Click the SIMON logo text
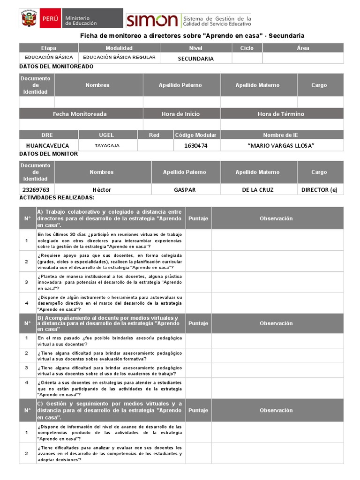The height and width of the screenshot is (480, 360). pos(152,20)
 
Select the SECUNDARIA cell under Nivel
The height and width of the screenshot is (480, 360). pos(195,59)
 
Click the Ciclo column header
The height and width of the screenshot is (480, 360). pos(247,48)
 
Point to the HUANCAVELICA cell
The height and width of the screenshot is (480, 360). pos(48,146)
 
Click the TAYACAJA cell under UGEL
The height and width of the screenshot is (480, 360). pos(107,146)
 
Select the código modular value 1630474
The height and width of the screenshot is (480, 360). pos(195,146)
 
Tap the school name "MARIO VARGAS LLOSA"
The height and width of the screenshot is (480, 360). pos(281,146)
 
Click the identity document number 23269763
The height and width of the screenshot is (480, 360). pos(36,190)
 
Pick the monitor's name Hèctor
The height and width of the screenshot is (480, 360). pos(102,190)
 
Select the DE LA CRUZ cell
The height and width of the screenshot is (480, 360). pos(257,190)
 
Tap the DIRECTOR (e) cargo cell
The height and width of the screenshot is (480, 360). pos(319,190)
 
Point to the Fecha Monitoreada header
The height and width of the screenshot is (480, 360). pos(80,114)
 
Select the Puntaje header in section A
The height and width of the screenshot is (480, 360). pos(198,218)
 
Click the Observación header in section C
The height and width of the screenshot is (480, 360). pos(276,410)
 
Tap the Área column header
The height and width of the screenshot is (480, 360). pos(303,48)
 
